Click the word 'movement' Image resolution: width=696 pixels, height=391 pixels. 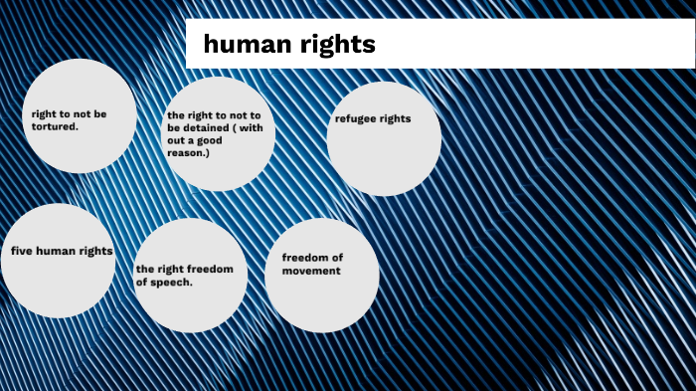pyautogui.click(x=311, y=271)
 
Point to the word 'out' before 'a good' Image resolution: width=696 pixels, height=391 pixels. pyautogui.click(x=178, y=140)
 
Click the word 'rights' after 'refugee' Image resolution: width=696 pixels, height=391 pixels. pyautogui.click(x=397, y=118)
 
